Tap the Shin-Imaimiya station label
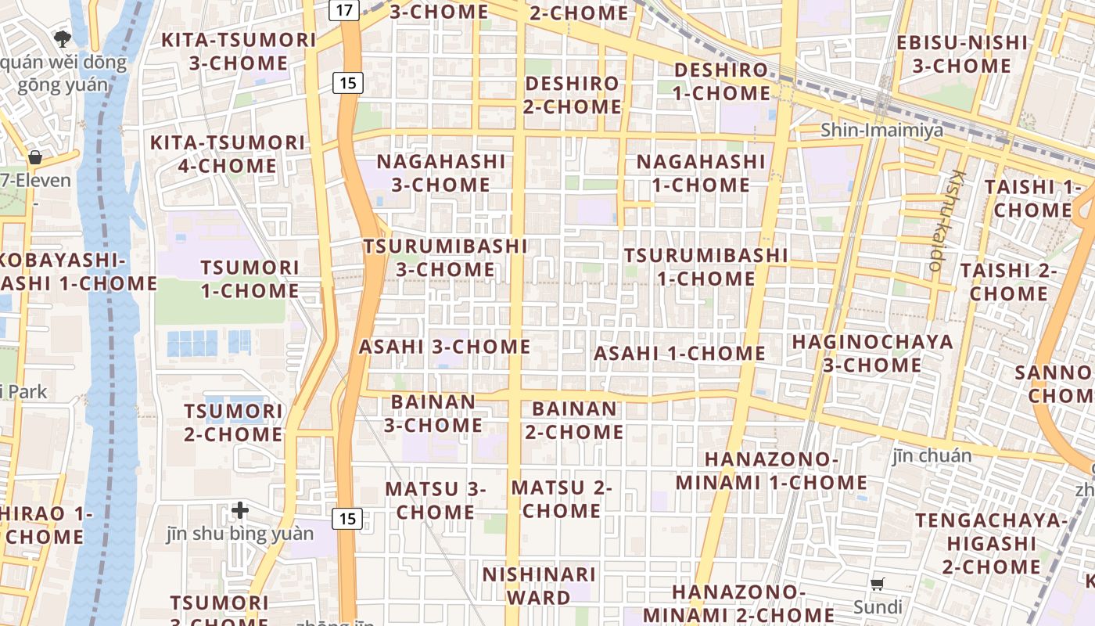click(x=881, y=130)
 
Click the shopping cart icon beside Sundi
click(x=878, y=585)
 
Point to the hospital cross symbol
click(x=240, y=511)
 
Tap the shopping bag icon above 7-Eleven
click(x=35, y=157)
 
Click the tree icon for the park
click(x=63, y=38)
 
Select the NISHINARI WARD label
click(x=538, y=586)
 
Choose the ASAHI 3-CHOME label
click(x=444, y=347)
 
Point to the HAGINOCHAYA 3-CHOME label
click(x=872, y=354)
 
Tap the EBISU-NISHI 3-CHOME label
click(x=962, y=54)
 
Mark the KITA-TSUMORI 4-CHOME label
click(x=227, y=154)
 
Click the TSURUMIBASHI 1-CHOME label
click(x=705, y=267)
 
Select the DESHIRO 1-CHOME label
click(x=721, y=81)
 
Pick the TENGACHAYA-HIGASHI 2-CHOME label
click(x=991, y=543)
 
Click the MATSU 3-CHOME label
click(x=436, y=500)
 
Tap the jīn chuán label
click(x=932, y=455)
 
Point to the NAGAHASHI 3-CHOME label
click(x=441, y=173)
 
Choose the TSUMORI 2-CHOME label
click(x=233, y=423)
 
